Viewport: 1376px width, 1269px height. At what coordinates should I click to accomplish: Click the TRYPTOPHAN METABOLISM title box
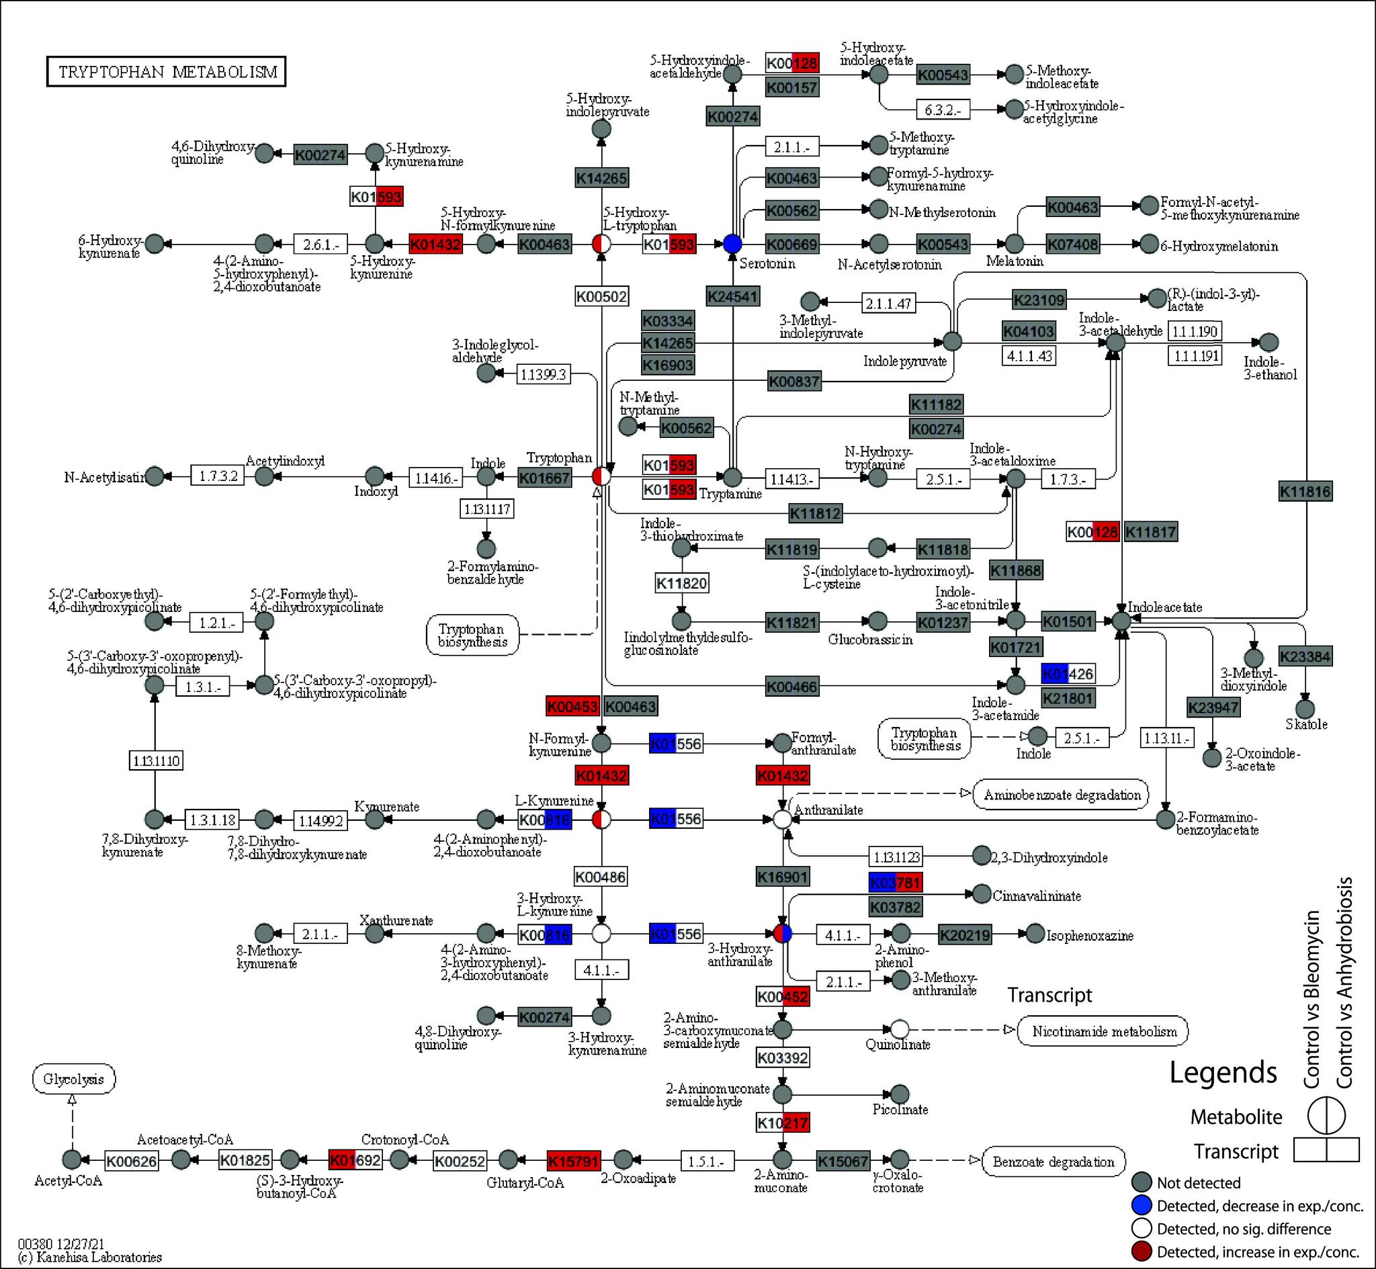point(166,71)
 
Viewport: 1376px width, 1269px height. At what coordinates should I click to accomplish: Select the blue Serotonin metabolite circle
point(732,243)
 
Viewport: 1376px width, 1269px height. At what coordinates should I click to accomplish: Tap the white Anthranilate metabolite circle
point(782,819)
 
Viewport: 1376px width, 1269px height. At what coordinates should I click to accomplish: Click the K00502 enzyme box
point(601,297)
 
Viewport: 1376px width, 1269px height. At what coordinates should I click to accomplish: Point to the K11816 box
point(1305,491)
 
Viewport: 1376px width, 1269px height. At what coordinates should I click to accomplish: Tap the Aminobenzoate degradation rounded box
point(1062,795)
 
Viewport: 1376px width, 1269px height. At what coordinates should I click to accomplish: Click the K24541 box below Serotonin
point(732,297)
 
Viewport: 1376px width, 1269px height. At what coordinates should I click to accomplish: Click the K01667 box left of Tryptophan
point(544,477)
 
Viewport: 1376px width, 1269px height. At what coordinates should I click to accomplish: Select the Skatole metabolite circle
point(1305,709)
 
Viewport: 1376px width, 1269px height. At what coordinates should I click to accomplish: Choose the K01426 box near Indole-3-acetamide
point(1068,674)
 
